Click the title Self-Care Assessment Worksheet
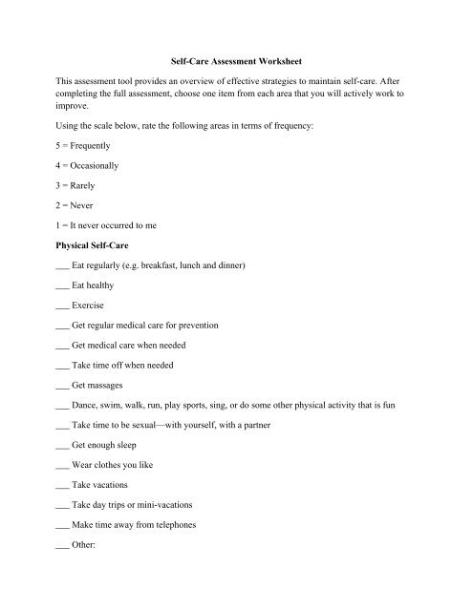pos(236,62)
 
